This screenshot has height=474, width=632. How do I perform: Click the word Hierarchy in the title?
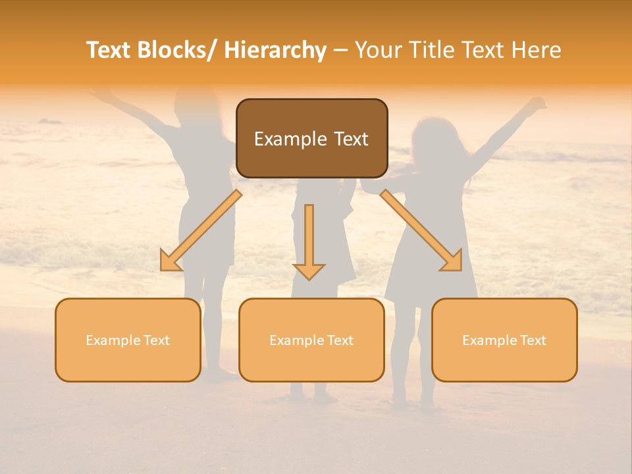[275, 50]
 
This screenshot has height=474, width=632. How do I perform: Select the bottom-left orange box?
[128, 362]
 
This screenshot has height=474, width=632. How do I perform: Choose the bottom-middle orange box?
[311, 362]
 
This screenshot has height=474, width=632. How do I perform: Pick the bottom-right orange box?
[504, 362]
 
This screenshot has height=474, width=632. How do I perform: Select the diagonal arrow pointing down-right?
[421, 230]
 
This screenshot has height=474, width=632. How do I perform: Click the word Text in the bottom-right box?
[533, 340]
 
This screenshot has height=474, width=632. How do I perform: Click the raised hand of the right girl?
[538, 104]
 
